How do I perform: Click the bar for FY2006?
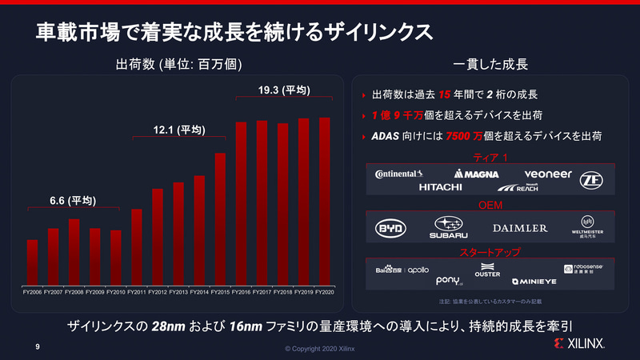point(32,262)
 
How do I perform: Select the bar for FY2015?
point(220,219)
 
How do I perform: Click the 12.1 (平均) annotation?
point(179,130)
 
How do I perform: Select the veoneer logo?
point(548,174)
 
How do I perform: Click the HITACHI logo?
point(440,187)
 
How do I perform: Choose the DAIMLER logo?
point(520,228)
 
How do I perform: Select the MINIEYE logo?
point(529,282)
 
